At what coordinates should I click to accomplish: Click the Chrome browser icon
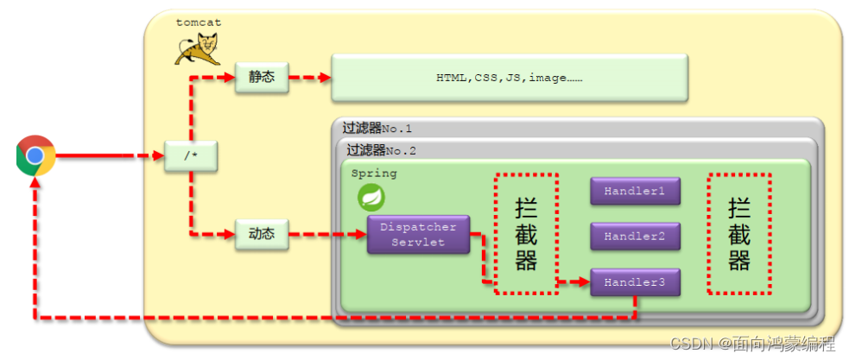click(x=35, y=156)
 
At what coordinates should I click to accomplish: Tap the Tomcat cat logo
click(x=198, y=49)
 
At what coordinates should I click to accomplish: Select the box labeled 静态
click(x=261, y=76)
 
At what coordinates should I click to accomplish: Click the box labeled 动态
click(x=261, y=234)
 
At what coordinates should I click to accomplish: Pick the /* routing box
click(x=189, y=156)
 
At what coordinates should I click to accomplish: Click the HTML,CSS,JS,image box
click(x=510, y=77)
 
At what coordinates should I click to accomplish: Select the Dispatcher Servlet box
click(x=418, y=234)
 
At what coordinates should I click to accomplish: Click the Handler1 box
click(x=635, y=191)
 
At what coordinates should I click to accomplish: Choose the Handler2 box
click(x=635, y=236)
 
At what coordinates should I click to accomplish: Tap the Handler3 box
click(x=635, y=282)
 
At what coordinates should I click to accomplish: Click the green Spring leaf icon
click(x=371, y=198)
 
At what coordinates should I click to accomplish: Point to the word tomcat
click(x=198, y=22)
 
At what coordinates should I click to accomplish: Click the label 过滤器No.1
click(x=377, y=129)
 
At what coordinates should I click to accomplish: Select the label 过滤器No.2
click(x=381, y=149)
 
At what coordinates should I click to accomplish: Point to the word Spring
click(x=374, y=174)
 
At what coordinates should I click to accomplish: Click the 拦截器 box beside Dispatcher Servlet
click(x=526, y=234)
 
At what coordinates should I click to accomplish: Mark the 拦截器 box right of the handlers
click(x=739, y=234)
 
